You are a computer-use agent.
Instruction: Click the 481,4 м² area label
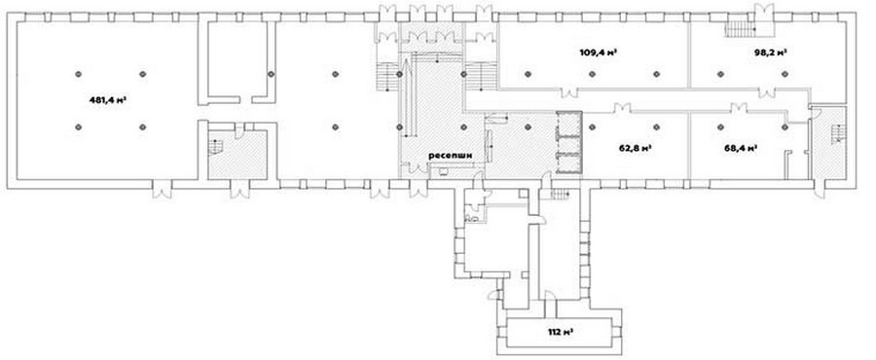pos(107,100)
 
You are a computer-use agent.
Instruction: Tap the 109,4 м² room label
pos(599,53)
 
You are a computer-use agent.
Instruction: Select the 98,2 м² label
pos(771,53)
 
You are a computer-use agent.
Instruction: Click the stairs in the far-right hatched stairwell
pos(836,134)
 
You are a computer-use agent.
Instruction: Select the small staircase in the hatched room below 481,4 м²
pos(216,147)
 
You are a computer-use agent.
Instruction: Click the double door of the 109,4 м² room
pos(569,92)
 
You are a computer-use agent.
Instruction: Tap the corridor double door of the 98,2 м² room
pos(767,92)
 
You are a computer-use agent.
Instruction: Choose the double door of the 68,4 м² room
pos(739,108)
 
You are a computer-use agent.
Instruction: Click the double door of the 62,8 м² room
pos(622,108)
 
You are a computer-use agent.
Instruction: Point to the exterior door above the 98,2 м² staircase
pos(764,11)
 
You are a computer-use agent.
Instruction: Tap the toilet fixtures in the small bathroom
pos(472,214)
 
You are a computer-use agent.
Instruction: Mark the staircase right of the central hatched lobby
pos(474,77)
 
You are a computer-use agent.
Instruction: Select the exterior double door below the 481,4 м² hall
pos(162,190)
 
